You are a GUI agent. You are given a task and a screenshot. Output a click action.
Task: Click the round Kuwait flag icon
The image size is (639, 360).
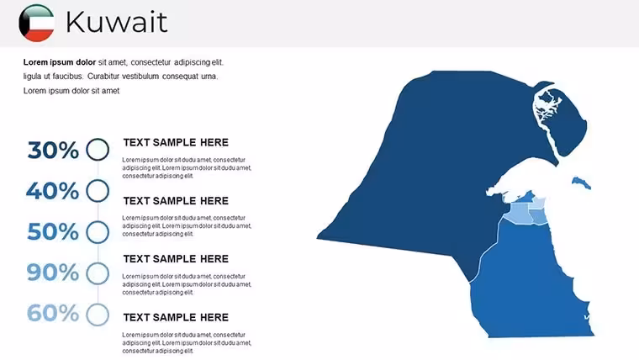click(36, 23)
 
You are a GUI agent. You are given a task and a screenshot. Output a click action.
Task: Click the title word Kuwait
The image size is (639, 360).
click(117, 22)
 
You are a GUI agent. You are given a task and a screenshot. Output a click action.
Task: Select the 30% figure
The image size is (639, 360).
click(53, 150)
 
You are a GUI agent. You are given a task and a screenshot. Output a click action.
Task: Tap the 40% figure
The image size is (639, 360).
click(53, 191)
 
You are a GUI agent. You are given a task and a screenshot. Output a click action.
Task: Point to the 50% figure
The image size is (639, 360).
click(53, 232)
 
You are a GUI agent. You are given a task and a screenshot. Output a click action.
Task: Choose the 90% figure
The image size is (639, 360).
click(53, 273)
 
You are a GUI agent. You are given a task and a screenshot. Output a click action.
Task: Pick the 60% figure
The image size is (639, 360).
click(53, 314)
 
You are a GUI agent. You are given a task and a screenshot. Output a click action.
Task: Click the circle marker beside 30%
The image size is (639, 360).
click(98, 138)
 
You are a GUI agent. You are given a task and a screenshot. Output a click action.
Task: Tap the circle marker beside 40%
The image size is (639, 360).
click(98, 179)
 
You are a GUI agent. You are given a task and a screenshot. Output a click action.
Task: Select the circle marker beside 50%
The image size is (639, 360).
click(98, 220)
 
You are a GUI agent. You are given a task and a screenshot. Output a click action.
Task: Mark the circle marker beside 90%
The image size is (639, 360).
click(98, 262)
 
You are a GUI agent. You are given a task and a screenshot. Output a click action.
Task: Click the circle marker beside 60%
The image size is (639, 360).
click(98, 303)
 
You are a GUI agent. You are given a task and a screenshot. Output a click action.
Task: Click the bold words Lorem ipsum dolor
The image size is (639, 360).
click(60, 62)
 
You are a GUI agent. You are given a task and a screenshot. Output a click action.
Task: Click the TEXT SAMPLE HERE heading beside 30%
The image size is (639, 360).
click(176, 143)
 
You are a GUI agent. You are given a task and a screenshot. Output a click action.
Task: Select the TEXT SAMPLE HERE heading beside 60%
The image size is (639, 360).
click(176, 318)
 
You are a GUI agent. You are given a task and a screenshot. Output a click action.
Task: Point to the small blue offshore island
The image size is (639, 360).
click(582, 183)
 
